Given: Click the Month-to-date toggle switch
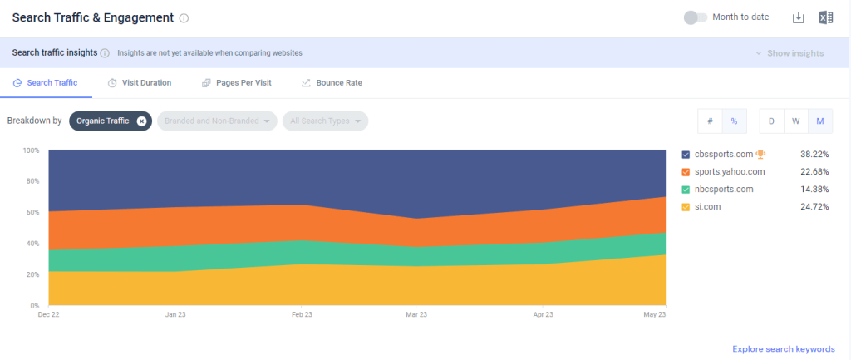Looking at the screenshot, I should point(695,17).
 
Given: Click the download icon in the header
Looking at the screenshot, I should point(799,17).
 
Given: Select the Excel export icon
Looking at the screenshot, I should point(825,17).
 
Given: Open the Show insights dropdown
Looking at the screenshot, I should point(790,53).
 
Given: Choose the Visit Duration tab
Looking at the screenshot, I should point(139,83).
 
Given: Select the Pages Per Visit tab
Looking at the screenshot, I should point(236,83).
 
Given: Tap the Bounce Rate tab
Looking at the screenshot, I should point(331,83).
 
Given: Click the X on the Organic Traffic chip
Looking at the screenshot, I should point(141,121).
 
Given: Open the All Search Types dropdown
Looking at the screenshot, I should point(325,121).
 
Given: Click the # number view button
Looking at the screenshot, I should point(710,121).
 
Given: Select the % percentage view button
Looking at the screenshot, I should point(734,121).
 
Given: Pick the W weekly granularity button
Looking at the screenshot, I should point(795,121).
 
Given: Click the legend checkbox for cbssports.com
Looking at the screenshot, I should point(686,155).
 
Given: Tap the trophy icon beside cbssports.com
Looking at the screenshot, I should point(760,155).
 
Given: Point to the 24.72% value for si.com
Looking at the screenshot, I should point(814,206).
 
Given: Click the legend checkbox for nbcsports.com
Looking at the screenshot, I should point(686,190).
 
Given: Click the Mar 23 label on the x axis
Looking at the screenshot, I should point(416,315).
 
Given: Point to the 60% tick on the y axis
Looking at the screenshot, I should point(31,213).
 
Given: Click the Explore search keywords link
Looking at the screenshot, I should point(783,349).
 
